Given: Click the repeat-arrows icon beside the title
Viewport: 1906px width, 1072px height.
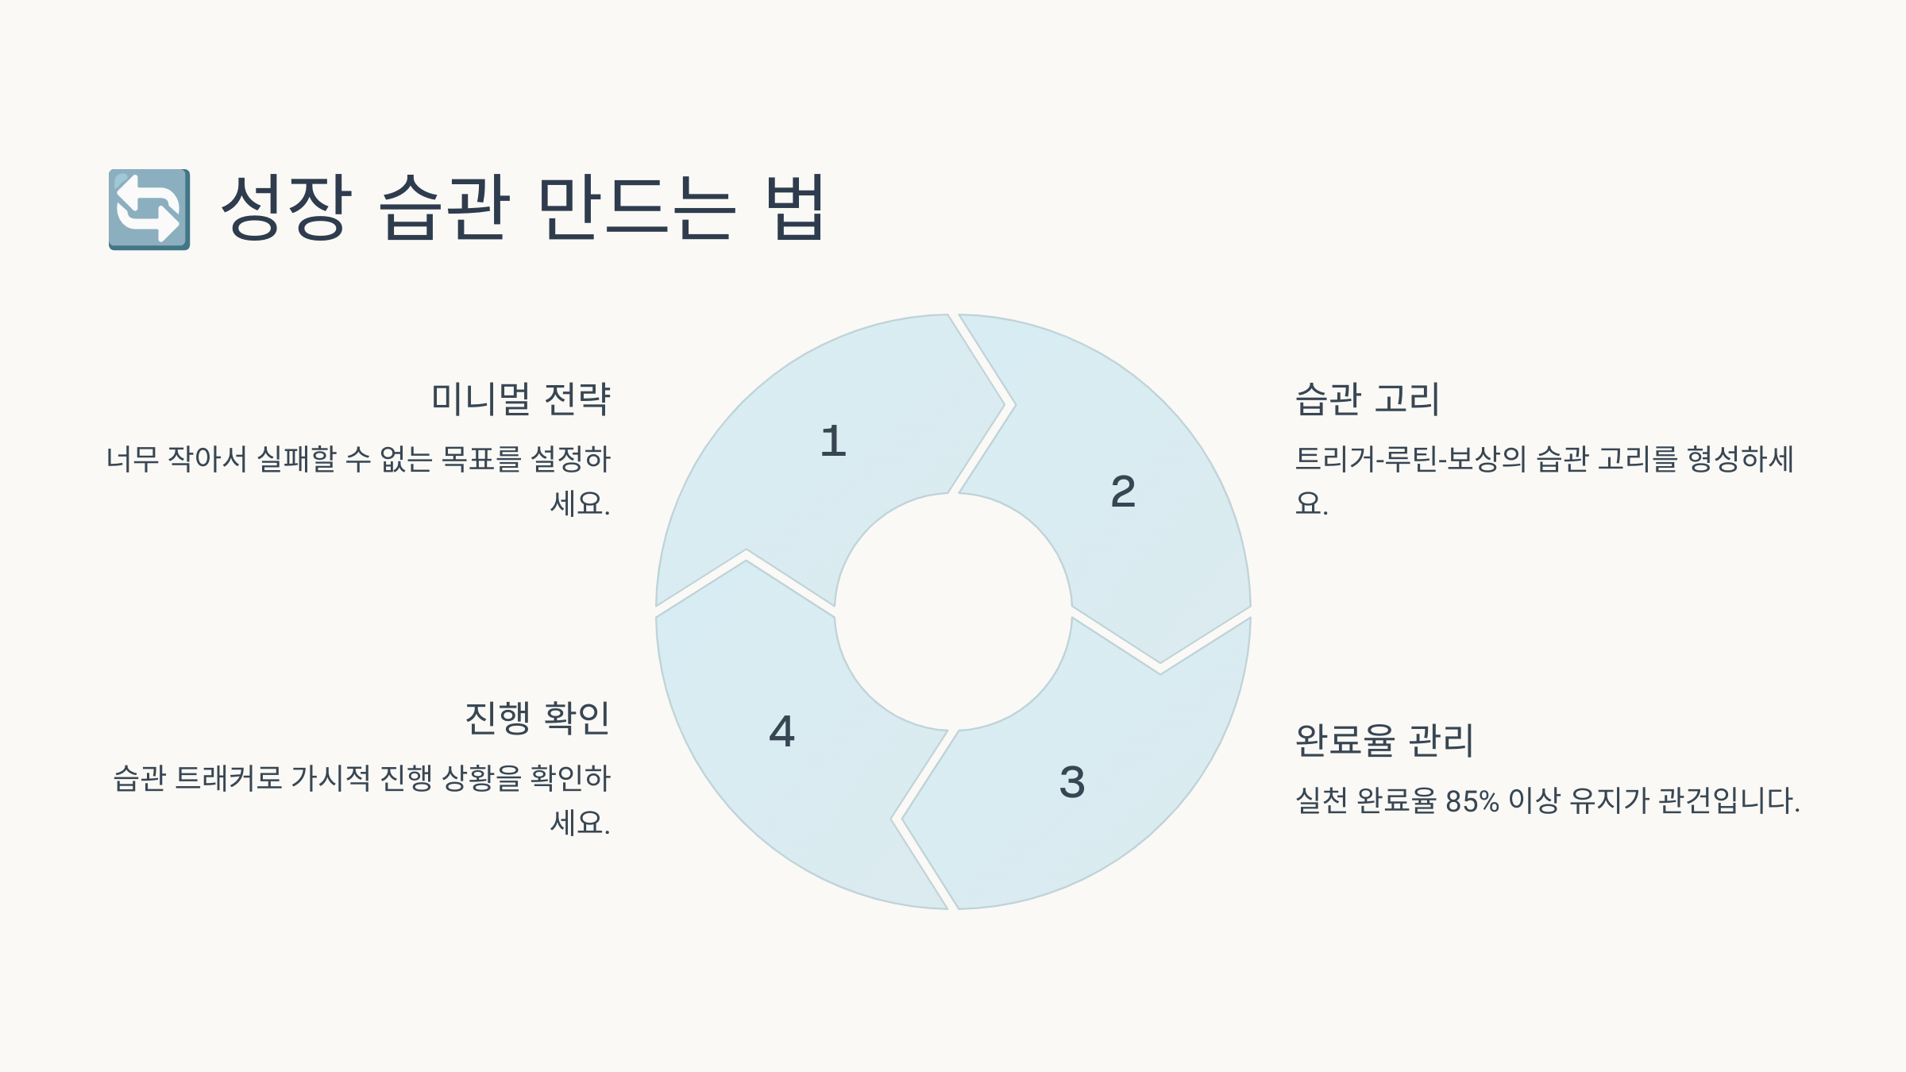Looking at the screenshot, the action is (x=149, y=209).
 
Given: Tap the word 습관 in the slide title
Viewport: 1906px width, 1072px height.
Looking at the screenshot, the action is (x=445, y=208).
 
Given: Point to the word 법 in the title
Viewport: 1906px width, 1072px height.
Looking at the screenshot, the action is (x=795, y=208).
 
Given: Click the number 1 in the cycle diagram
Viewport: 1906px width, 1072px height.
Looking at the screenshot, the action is (x=833, y=442).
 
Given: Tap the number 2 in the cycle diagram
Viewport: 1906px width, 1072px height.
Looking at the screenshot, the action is (x=1123, y=492).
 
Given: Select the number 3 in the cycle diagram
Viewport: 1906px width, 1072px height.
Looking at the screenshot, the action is (x=1072, y=782).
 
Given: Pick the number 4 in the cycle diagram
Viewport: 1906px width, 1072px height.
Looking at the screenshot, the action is (x=782, y=731).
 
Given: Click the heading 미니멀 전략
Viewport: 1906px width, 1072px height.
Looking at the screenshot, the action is (x=520, y=399).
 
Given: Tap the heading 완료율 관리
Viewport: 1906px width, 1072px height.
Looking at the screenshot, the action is (x=1384, y=740).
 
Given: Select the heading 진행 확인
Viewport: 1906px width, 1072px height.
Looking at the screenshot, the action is (x=537, y=718).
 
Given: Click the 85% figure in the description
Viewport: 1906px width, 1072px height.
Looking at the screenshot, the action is (x=1472, y=800).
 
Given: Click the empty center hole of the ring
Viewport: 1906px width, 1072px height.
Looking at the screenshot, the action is (x=953, y=611).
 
